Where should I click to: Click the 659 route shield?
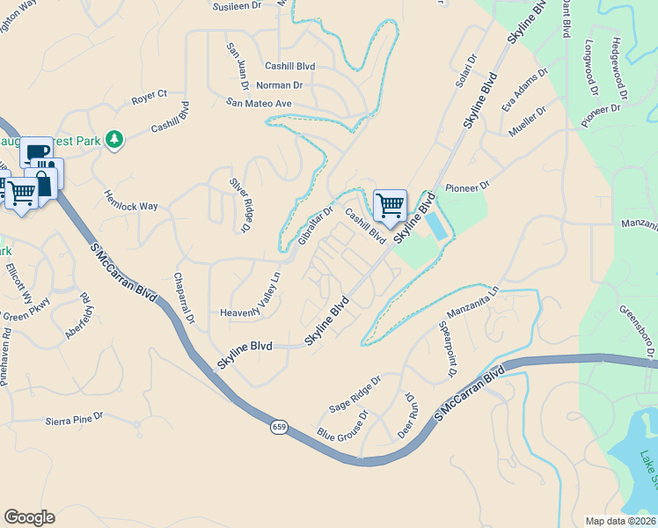[279, 427]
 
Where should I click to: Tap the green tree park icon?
[113, 139]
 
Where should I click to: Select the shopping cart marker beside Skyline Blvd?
[390, 206]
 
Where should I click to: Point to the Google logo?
[29, 517]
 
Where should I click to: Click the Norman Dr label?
[280, 85]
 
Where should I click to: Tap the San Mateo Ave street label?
[259, 103]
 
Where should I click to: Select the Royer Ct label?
[150, 94]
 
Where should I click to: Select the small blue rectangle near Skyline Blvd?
[435, 226]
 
